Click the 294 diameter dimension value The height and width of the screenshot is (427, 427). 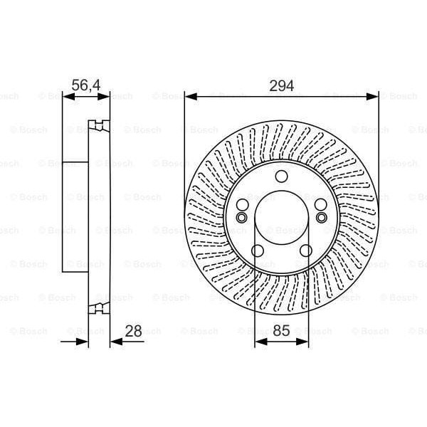pyautogui.click(x=282, y=85)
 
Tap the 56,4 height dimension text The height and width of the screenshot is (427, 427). pyautogui.click(x=86, y=85)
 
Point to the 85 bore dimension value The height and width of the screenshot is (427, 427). pyautogui.click(x=282, y=330)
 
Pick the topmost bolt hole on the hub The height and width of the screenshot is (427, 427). pyautogui.click(x=282, y=178)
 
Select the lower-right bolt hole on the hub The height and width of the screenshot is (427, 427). pyautogui.click(x=306, y=251)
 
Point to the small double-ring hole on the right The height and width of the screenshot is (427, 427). pyautogui.click(x=321, y=217)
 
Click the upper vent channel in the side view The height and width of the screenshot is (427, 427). pyautogui.click(x=99, y=127)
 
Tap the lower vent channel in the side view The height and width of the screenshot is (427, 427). pyautogui.click(x=99, y=308)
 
